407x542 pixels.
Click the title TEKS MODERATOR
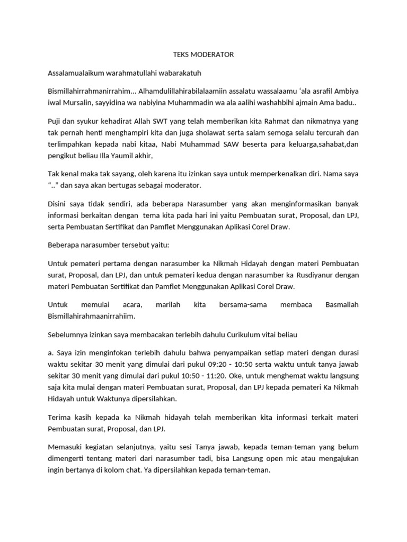click(x=203, y=55)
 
